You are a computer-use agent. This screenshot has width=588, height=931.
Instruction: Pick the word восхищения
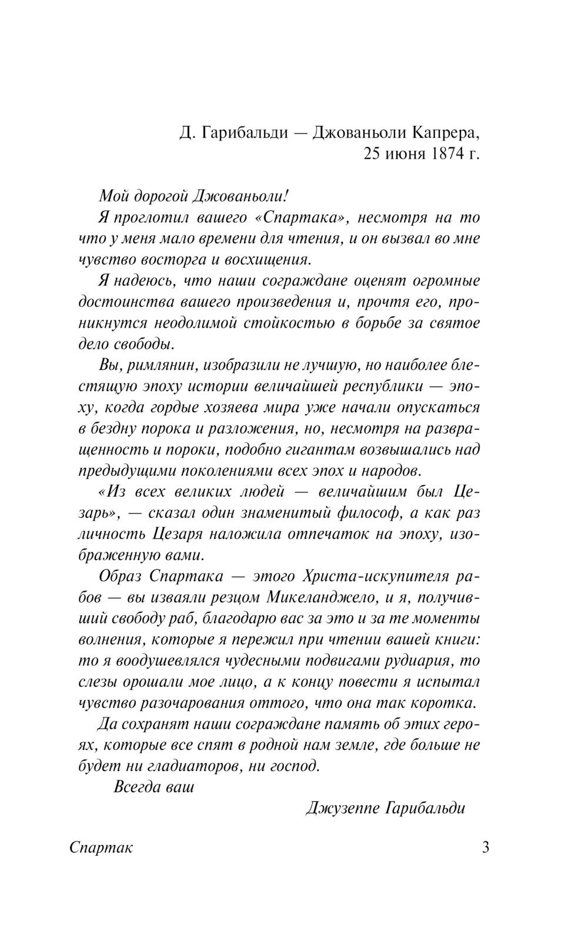pos(259,259)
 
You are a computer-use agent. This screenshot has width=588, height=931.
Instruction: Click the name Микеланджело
pos(328,598)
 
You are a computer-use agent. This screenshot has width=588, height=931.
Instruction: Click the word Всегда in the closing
pos(133,787)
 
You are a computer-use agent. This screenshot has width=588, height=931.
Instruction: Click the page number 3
pos(486,848)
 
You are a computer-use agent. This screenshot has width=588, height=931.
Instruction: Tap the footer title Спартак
pos(101,848)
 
